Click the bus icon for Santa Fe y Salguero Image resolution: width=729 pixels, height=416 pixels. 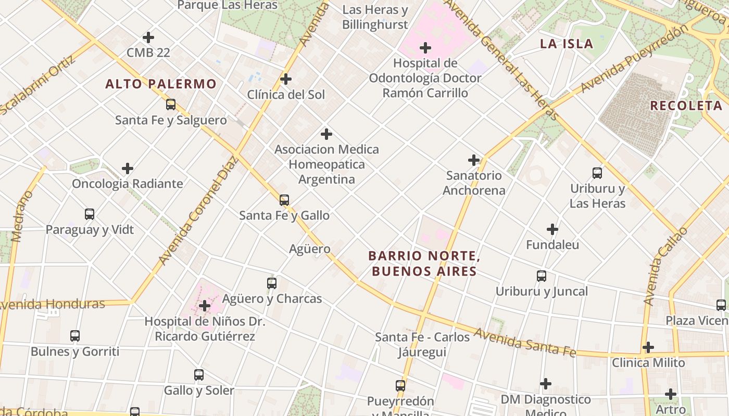171,105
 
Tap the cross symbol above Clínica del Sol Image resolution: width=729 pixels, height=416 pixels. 285,79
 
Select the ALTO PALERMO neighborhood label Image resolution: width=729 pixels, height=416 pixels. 161,84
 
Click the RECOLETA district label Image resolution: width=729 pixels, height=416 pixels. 686,106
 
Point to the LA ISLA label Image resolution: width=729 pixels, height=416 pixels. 567,44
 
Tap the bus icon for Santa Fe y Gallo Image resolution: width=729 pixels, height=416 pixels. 284,200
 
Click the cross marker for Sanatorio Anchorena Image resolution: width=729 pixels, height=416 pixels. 473,160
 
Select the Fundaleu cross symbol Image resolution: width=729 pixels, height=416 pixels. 552,229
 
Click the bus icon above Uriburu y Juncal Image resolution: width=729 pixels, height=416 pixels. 542,276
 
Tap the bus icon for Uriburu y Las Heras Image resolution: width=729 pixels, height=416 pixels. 597,173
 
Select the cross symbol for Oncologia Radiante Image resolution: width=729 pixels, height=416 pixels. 128,168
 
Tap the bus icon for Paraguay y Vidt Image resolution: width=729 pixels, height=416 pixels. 90,214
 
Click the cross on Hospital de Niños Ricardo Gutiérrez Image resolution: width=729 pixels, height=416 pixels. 205,306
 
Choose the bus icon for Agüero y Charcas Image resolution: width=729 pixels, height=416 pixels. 271,283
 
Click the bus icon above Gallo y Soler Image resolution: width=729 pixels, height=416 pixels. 199,374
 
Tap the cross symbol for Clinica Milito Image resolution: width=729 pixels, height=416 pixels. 648,347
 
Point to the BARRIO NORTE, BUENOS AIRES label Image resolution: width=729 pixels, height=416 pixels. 423,264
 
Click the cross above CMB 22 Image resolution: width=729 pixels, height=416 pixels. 148,37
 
